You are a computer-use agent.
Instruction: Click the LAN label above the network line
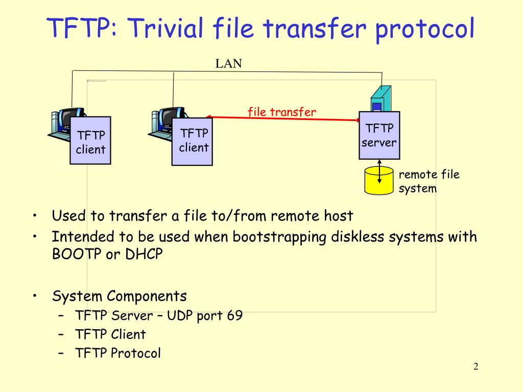(x=228, y=63)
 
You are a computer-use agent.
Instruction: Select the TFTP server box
(x=379, y=135)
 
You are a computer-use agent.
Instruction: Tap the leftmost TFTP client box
(x=90, y=140)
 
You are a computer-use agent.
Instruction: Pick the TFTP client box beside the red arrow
(x=192, y=141)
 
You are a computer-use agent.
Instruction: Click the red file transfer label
(x=282, y=112)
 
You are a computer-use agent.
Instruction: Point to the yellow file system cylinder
(x=379, y=180)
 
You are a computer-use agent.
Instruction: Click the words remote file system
(x=429, y=181)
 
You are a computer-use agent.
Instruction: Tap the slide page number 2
(x=476, y=366)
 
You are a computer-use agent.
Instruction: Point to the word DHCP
(x=144, y=254)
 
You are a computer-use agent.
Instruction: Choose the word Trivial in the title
(x=165, y=28)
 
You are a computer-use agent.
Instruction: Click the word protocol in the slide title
(x=424, y=29)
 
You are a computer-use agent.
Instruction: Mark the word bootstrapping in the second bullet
(x=279, y=237)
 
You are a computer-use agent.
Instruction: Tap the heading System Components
(x=120, y=297)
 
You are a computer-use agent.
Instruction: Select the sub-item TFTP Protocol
(x=118, y=353)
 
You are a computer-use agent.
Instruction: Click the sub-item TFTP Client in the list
(x=111, y=334)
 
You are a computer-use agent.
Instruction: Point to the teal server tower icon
(x=381, y=99)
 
